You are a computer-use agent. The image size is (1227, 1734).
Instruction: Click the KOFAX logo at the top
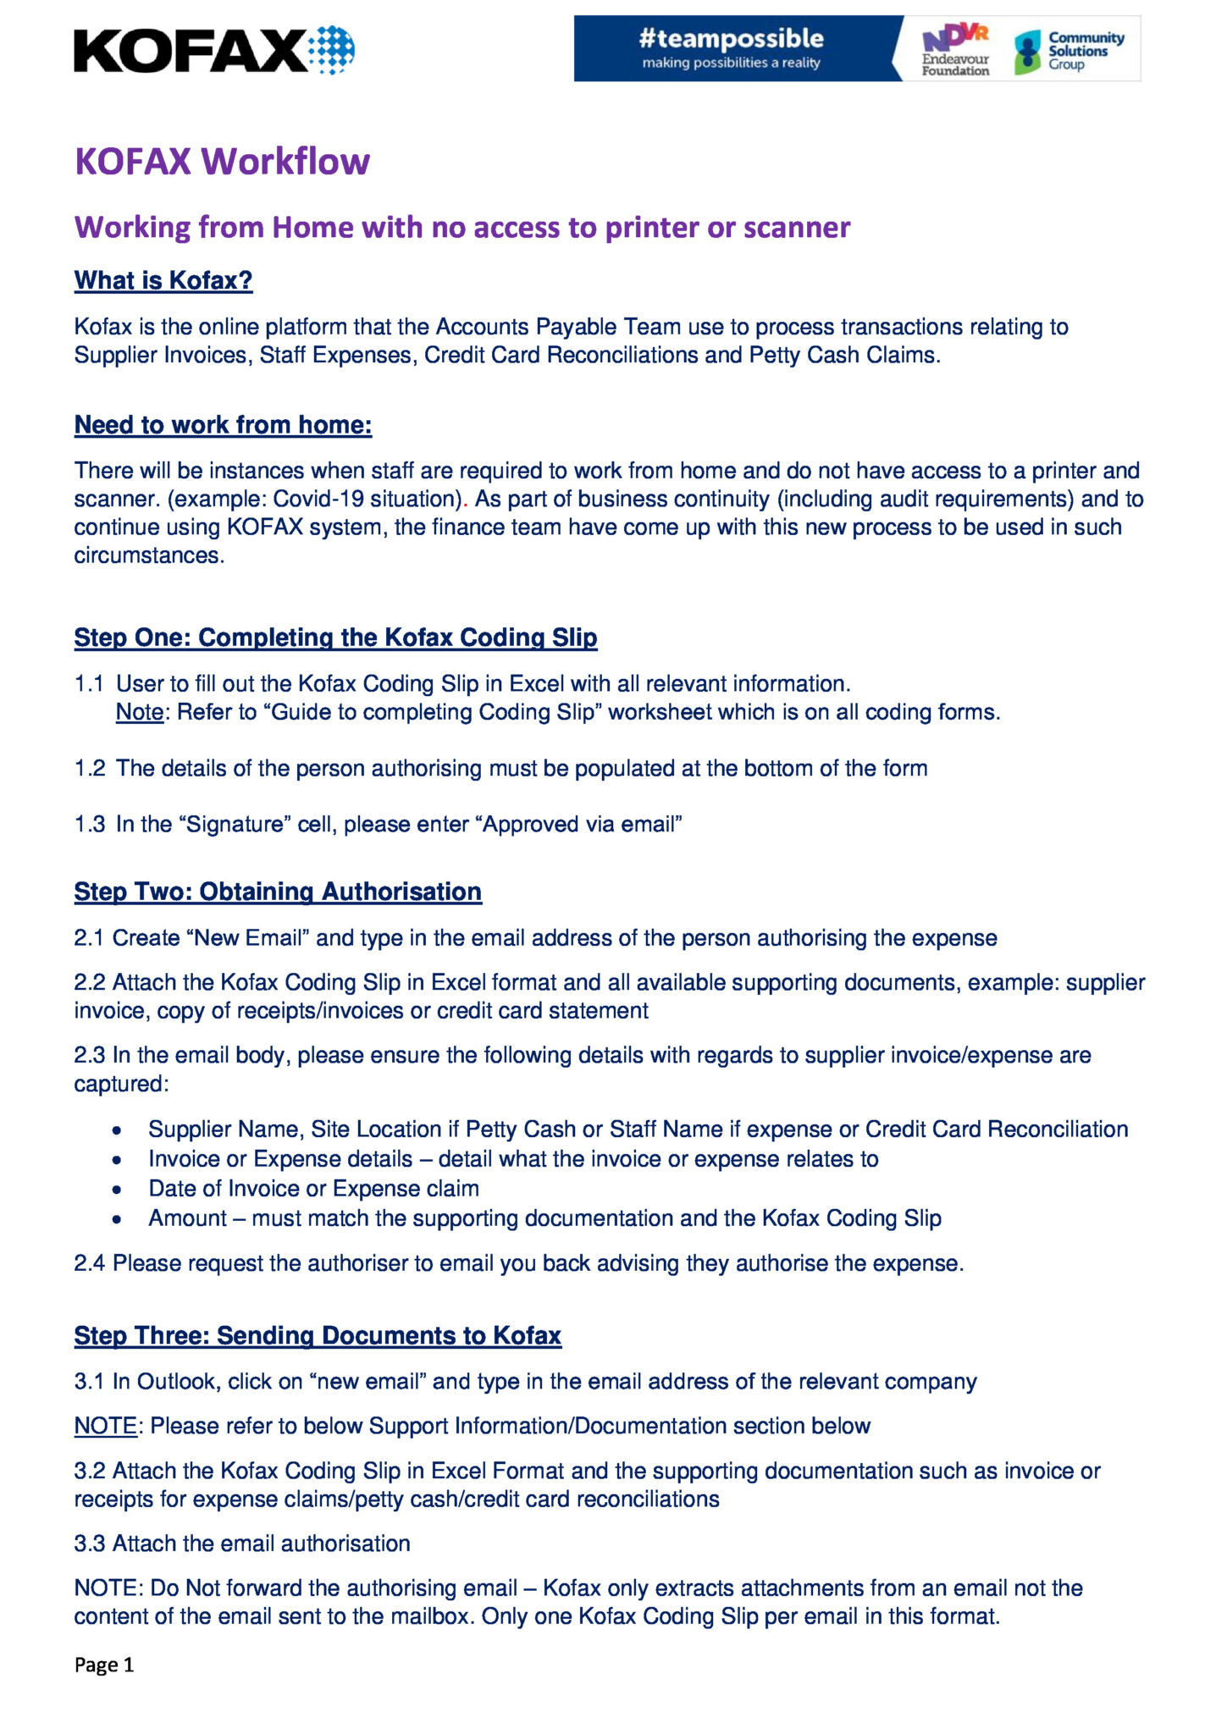tap(213, 51)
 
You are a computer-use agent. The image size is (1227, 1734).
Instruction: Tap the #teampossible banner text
tap(731, 39)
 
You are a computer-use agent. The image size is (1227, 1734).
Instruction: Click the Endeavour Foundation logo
tap(955, 50)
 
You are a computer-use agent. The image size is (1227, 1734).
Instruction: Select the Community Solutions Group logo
tap(1071, 51)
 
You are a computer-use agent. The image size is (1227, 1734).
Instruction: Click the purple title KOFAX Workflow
tap(222, 161)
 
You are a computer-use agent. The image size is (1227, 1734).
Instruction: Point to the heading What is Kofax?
tap(163, 280)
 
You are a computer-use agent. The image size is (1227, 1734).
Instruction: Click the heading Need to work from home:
tap(223, 424)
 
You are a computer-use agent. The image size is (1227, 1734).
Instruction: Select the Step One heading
tap(335, 637)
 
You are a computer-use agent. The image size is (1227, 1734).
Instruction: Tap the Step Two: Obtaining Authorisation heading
tap(278, 892)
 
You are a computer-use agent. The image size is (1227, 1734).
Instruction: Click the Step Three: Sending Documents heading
tap(318, 1335)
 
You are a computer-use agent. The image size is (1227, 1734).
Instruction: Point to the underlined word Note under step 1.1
tap(139, 712)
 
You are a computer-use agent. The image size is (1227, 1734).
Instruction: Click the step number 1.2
tap(90, 768)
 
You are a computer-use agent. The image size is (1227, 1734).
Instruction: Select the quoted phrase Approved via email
tap(582, 824)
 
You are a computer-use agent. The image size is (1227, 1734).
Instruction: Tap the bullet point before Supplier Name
tap(118, 1130)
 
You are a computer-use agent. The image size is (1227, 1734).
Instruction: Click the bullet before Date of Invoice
tap(118, 1190)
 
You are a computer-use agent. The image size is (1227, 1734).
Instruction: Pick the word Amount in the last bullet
tap(187, 1218)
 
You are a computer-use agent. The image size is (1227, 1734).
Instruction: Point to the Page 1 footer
tap(104, 1665)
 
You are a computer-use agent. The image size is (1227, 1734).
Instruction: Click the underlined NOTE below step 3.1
tap(105, 1426)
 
